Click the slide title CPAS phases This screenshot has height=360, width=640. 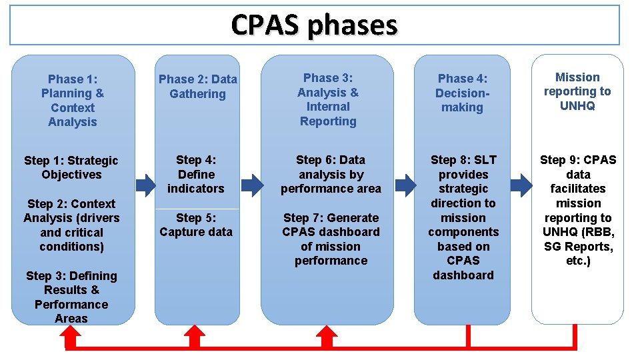[x=314, y=25]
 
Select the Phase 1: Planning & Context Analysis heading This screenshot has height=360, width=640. [x=73, y=101]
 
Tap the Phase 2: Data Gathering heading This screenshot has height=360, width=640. [x=197, y=87]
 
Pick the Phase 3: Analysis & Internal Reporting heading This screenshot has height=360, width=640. [x=327, y=100]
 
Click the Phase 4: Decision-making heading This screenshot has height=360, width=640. [x=462, y=93]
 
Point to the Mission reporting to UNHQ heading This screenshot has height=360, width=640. [x=577, y=91]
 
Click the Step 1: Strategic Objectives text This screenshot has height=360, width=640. [x=71, y=167]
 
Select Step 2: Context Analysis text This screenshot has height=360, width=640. [x=71, y=225]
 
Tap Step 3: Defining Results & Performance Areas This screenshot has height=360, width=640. [x=71, y=297]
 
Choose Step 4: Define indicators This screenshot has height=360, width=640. [x=196, y=174]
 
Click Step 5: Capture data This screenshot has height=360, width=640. [x=196, y=225]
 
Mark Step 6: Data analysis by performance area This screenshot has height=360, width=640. [x=331, y=174]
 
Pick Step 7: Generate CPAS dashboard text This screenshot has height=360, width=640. [x=331, y=239]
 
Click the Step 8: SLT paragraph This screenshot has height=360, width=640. [x=463, y=217]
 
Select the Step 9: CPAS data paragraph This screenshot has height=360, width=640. [x=578, y=210]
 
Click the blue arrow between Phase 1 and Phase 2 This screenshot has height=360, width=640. [x=145, y=183]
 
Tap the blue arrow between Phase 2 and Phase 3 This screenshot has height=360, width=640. [x=251, y=183]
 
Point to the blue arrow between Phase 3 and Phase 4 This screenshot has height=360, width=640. [x=405, y=183]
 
